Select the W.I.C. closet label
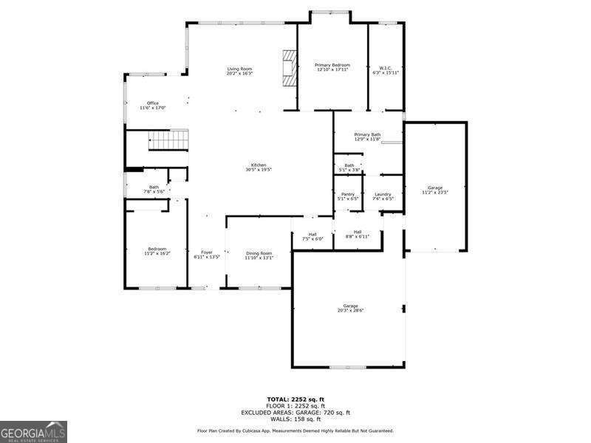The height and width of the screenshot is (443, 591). point(384,69)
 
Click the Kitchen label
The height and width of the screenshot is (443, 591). point(259,167)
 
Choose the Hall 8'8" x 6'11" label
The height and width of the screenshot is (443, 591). point(358,234)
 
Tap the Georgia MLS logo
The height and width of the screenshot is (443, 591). point(33,431)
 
